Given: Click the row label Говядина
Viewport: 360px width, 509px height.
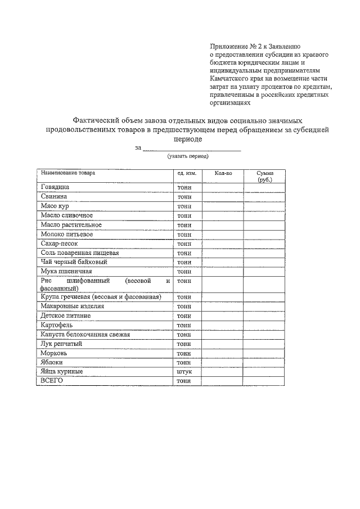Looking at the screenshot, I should pos(55,187).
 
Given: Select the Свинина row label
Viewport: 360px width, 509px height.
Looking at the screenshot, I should pos(54,197).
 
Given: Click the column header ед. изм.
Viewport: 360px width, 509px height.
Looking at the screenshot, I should pos(187,174).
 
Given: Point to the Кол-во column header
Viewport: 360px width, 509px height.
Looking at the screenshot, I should pos(223,174).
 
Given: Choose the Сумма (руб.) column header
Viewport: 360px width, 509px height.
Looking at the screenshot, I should pos(264,177).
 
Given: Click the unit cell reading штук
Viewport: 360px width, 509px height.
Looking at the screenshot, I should pos(184,372).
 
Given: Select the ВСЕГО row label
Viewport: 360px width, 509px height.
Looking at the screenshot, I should pos(52,381).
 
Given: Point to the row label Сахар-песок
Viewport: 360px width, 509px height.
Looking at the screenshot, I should pos(58,244).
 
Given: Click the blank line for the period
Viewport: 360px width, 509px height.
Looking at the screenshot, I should pos(191,148).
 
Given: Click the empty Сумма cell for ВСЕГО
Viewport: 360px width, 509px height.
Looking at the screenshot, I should pos(264,381).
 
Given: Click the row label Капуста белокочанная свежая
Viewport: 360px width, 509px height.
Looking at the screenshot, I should pos(85,335).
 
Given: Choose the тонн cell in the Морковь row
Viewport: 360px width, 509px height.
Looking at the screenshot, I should pos(184,353).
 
